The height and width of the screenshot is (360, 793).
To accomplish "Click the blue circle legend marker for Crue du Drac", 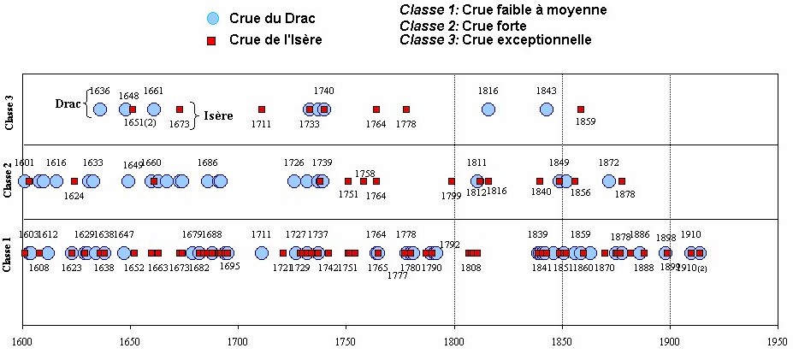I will pyautogui.click(x=213, y=18).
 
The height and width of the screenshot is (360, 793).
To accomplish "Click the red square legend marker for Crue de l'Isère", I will pyautogui.click(x=213, y=39).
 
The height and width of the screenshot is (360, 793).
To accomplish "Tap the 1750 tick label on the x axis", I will pyautogui.click(x=345, y=340).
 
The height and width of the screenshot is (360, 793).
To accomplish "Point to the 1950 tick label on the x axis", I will pyautogui.click(x=777, y=340).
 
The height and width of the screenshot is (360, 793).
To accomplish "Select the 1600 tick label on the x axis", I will pyautogui.click(x=22, y=340).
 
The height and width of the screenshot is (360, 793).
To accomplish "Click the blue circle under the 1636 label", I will pyautogui.click(x=99, y=109).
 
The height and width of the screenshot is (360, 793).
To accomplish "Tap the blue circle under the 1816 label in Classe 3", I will pyautogui.click(x=488, y=109).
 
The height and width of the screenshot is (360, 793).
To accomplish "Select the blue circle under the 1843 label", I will pyautogui.click(x=546, y=109).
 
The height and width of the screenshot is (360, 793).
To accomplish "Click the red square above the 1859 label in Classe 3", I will pyautogui.click(x=580, y=109).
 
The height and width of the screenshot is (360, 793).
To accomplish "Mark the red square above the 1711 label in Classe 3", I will pyautogui.click(x=262, y=109).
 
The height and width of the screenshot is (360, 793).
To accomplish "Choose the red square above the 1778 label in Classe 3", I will pyautogui.click(x=406, y=109).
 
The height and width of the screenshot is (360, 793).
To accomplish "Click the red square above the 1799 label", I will pyautogui.click(x=451, y=181).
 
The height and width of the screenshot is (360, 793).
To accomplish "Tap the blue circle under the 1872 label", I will pyautogui.click(x=608, y=181).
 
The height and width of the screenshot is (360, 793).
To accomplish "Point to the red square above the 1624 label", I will pyautogui.click(x=74, y=181).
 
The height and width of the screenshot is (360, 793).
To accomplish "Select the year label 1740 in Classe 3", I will pyautogui.click(x=323, y=91).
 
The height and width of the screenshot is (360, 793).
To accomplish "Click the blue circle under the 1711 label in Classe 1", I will pyautogui.click(x=262, y=253).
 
